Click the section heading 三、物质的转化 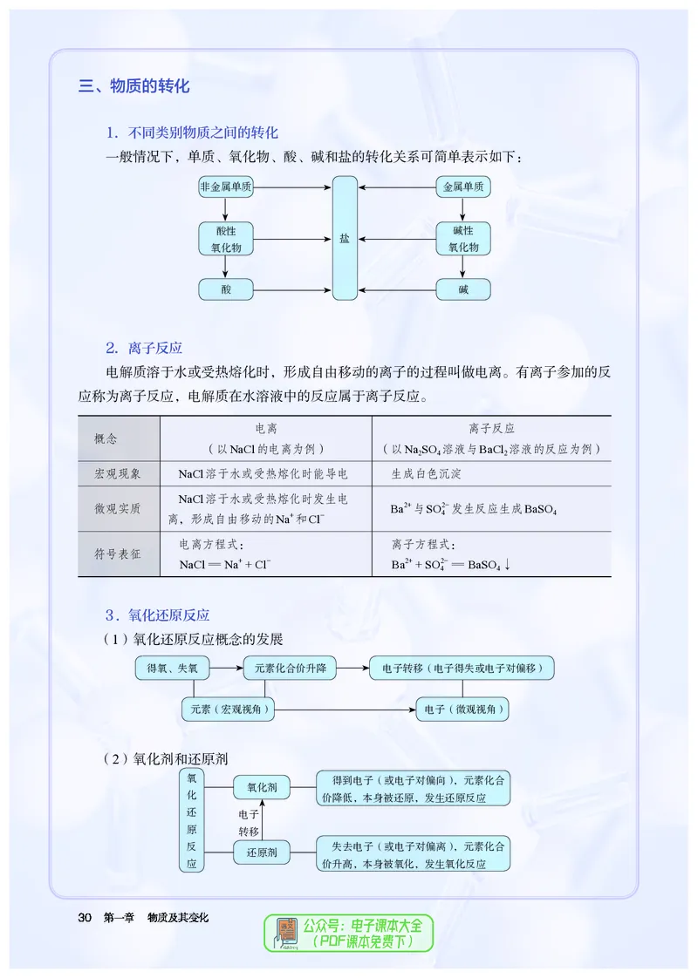click(x=134, y=86)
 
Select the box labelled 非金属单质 click(x=226, y=187)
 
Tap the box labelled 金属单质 click(x=463, y=187)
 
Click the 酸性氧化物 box click(x=226, y=239)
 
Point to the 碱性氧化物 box click(x=463, y=239)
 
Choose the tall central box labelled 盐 click(x=345, y=238)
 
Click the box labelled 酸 click(x=226, y=289)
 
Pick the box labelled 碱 click(x=463, y=289)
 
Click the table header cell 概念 click(x=106, y=438)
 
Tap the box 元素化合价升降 click(x=290, y=669)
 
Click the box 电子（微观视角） click(x=462, y=710)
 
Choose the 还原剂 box click(x=262, y=852)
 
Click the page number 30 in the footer click(x=85, y=917)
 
